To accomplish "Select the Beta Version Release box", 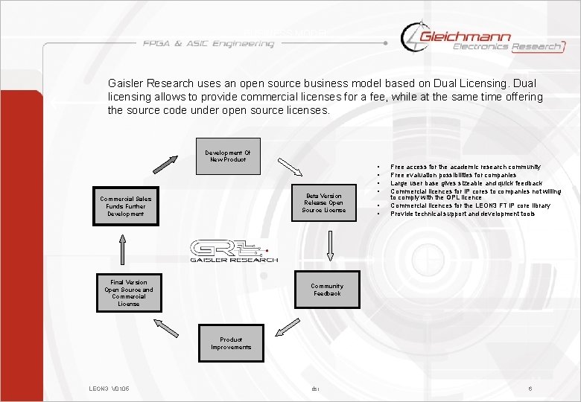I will click(324, 203).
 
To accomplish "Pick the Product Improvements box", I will click(231, 343).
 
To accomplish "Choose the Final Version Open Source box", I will click(129, 293).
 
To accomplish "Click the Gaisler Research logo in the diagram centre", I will click(232, 250).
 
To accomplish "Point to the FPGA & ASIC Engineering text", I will click(209, 44).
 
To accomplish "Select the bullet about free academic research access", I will click(466, 167).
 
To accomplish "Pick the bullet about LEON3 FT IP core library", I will click(471, 205).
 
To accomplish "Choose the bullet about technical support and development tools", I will click(463, 214).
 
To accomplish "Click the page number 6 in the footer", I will click(530, 389).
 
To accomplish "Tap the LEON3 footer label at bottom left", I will click(109, 389).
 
